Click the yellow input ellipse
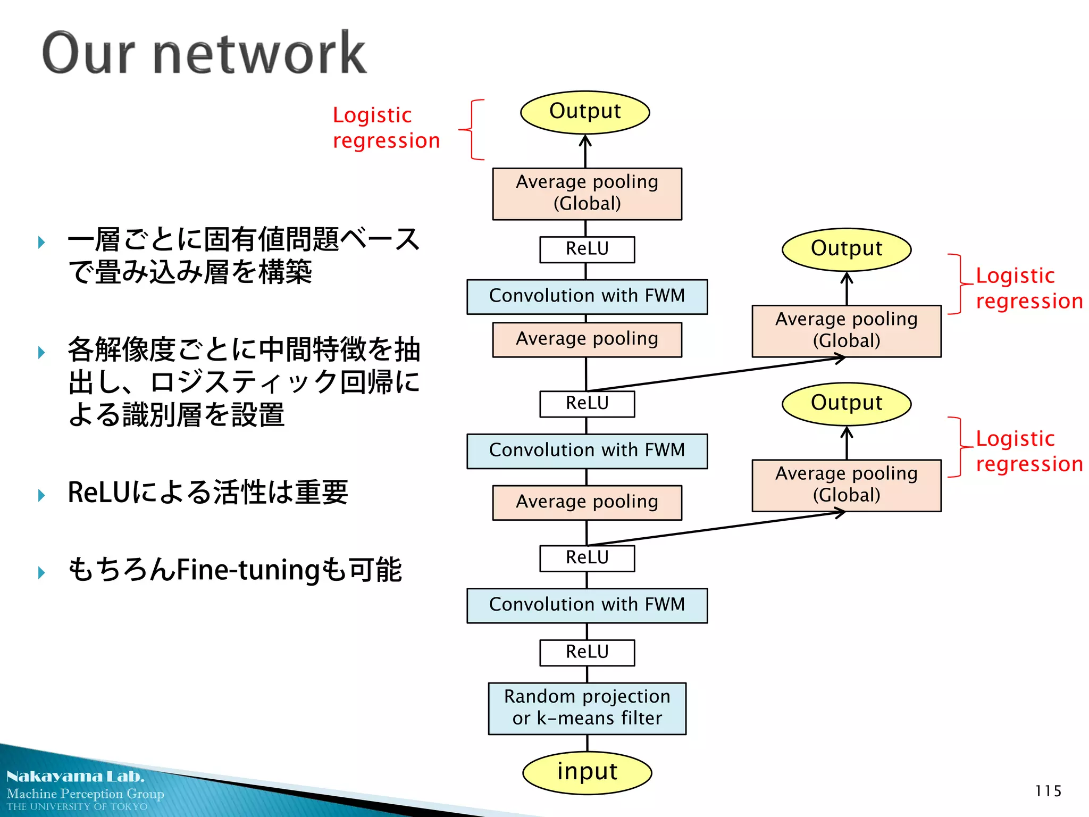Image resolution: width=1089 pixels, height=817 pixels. [587, 772]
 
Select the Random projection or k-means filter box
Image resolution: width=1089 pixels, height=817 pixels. [587, 708]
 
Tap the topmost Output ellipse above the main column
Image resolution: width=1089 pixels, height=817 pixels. [585, 112]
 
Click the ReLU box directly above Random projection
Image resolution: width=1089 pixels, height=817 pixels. [587, 652]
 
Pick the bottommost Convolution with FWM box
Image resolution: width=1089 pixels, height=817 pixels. [587, 605]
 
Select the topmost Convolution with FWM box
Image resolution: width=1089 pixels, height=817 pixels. [587, 296]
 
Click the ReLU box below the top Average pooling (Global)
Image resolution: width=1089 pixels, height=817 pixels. [587, 249]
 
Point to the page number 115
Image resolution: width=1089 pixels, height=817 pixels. [1048, 791]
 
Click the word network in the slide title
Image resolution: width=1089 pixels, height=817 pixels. [259, 53]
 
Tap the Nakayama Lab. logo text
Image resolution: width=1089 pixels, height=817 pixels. [75, 776]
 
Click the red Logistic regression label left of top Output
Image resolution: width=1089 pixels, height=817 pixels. [386, 128]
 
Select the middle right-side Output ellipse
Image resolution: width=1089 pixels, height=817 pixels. [847, 249]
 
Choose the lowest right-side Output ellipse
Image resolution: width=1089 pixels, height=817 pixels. [847, 403]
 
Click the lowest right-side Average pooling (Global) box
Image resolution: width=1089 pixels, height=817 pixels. [847, 485]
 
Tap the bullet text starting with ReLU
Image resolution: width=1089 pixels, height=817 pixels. [207, 492]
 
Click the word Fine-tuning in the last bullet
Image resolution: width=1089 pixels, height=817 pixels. [248, 570]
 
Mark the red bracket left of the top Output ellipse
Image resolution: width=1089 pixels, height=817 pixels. [472, 129]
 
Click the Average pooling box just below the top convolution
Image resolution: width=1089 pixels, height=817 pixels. [587, 339]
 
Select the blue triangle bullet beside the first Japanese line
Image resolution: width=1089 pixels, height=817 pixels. [41, 243]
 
